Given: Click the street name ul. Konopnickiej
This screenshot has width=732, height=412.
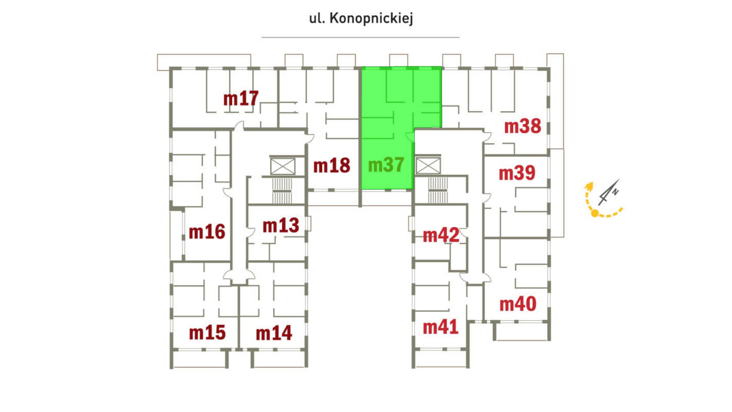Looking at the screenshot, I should pos(361,18).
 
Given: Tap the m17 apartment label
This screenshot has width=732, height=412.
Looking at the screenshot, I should pos(241,98).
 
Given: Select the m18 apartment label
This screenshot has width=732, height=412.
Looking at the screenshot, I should pos(331,166).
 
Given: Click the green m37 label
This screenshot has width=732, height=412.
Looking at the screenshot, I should pos(386,165).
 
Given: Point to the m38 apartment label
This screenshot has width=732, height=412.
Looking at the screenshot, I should pos(522,126).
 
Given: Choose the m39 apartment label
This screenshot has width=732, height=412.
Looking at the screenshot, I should pos(517,173).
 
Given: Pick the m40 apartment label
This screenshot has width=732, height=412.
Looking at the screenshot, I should pos(518,304).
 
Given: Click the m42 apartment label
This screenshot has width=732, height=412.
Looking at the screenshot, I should pos(441,235).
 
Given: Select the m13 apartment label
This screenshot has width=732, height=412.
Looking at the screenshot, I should pos(281,226).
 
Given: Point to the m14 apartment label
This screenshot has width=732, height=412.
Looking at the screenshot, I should pos(274,333).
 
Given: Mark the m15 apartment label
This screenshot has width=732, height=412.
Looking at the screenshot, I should pos(207,333).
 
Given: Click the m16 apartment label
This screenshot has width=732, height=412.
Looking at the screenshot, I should pos(207,232).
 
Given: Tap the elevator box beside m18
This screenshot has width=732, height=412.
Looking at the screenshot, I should pos(283,166).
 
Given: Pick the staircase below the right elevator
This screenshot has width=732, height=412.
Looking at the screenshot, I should pos(437,191).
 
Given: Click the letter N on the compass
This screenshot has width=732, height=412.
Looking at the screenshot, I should pos(615,192).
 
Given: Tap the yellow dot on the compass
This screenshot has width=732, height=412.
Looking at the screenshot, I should pos(595,214).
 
